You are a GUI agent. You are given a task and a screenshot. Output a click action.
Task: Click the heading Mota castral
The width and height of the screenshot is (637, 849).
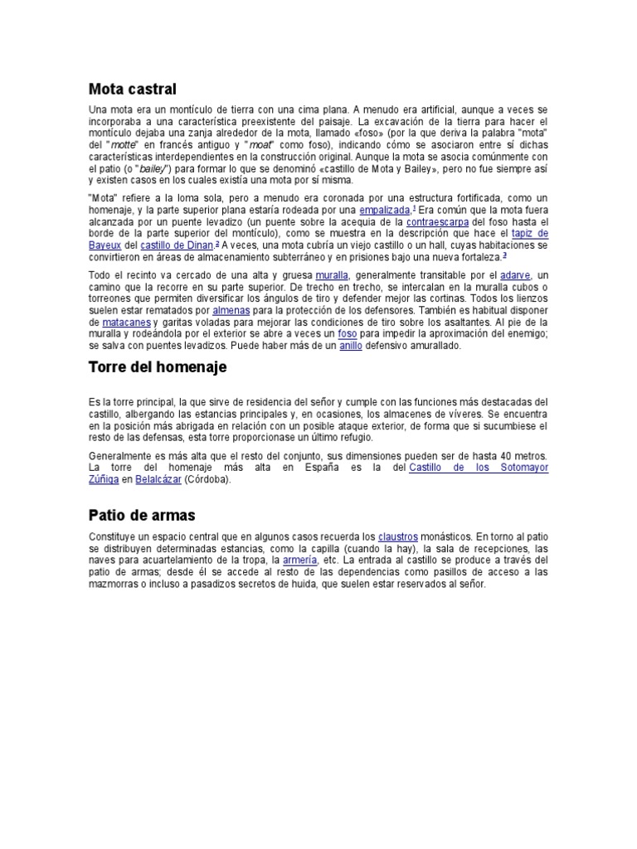[x=133, y=89]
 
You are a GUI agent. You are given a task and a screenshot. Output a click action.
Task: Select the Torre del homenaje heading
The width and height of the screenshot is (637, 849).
[x=157, y=366]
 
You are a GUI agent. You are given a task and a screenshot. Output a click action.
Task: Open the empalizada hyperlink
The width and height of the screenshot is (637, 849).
[x=384, y=211]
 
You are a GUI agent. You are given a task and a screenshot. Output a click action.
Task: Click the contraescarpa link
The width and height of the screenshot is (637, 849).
[x=438, y=222]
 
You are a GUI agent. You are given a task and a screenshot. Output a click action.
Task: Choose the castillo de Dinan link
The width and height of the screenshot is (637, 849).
[x=177, y=245]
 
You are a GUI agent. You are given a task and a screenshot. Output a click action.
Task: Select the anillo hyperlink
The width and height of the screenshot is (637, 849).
[x=351, y=345]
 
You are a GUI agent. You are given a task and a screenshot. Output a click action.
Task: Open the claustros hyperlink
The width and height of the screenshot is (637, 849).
[x=398, y=536]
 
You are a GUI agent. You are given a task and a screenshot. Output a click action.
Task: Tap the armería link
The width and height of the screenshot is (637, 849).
[x=299, y=560]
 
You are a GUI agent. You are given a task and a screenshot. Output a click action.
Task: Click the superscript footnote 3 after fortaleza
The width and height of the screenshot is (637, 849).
[x=504, y=255]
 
